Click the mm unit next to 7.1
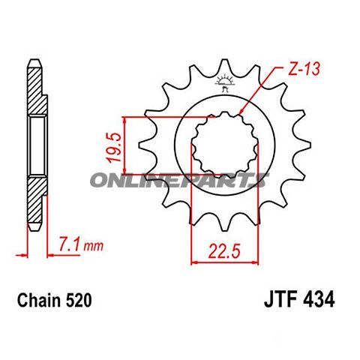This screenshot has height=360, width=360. (x=93, y=246)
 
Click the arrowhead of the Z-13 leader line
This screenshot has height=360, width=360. (x=241, y=114)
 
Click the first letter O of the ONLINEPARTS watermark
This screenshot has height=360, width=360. (x=100, y=180)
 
